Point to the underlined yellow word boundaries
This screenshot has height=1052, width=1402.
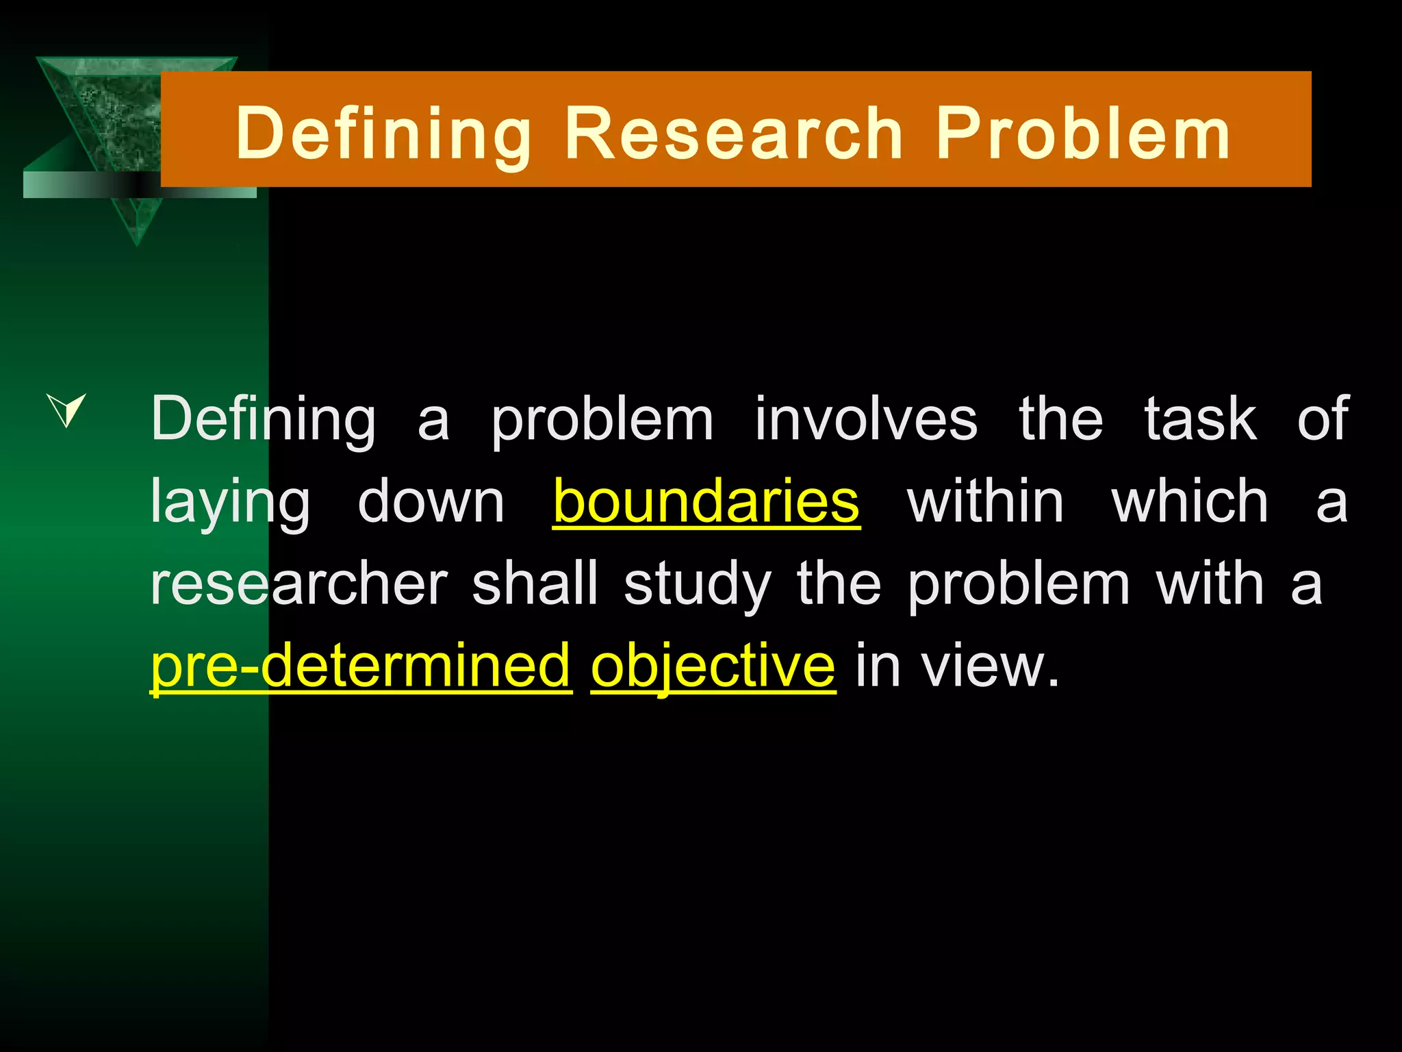tap(706, 501)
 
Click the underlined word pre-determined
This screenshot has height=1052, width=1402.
tap(361, 666)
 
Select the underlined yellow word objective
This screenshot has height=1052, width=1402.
tap(713, 666)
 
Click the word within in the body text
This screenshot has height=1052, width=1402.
tap(985, 501)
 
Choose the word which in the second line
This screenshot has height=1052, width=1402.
tap(1190, 501)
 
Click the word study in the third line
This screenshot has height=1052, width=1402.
tap(698, 586)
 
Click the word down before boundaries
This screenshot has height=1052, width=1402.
tap(431, 501)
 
